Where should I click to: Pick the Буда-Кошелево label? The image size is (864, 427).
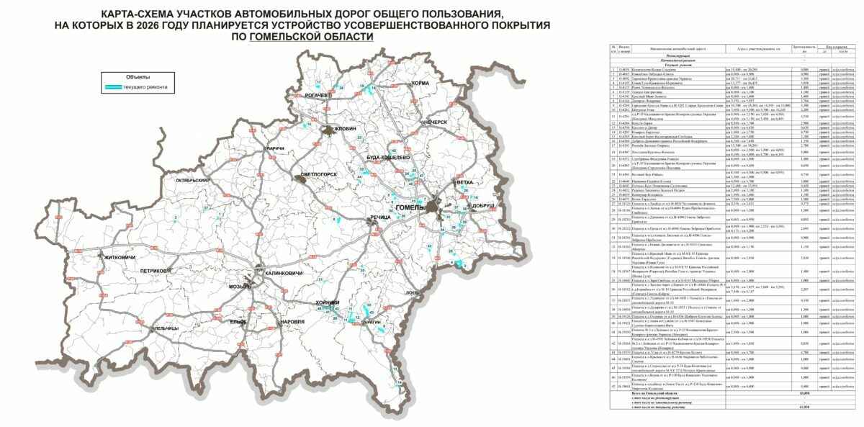click(388, 156)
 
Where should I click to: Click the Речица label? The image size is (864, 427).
click(379, 217)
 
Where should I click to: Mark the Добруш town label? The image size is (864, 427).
click(484, 206)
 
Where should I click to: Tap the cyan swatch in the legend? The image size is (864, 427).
click(112, 86)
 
